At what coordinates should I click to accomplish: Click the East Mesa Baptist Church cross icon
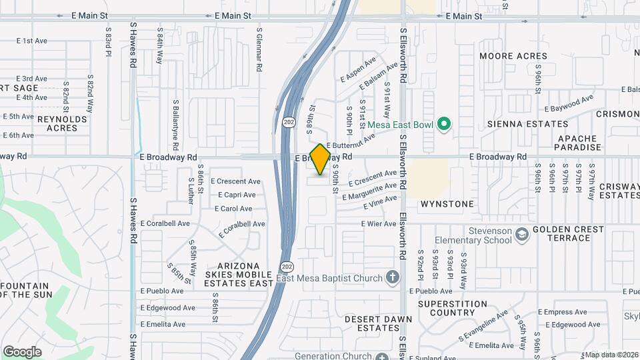tap(393, 278)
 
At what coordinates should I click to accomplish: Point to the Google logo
tap(21, 352)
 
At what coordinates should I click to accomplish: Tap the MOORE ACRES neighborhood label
tap(513, 57)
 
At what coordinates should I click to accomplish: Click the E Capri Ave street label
tap(237, 195)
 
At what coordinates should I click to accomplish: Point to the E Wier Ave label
tap(379, 224)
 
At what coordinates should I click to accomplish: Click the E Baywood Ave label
tap(569, 103)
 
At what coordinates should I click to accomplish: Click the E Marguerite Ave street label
tap(369, 192)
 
